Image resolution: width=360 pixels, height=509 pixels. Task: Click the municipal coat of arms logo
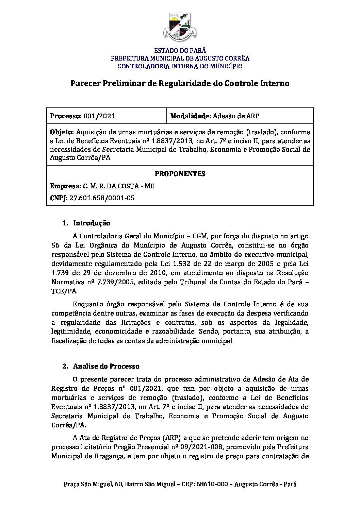click(180, 27)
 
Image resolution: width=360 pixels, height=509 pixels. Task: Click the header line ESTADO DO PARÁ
click(180, 51)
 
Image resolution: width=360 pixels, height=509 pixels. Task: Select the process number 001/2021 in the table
click(99, 116)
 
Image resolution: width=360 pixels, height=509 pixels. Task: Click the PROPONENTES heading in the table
click(180, 174)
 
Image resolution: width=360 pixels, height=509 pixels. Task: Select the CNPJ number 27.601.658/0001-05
click(102, 198)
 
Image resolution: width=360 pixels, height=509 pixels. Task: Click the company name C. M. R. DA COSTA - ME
click(118, 186)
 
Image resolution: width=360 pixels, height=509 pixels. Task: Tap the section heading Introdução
click(92, 223)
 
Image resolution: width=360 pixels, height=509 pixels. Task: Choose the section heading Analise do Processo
click(106, 366)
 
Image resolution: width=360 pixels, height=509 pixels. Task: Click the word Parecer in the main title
click(84, 83)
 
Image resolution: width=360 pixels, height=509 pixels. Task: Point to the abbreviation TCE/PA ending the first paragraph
click(64, 291)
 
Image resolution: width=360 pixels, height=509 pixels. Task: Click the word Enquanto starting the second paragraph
click(88, 304)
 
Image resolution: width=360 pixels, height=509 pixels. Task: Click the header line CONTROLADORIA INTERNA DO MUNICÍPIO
click(180, 66)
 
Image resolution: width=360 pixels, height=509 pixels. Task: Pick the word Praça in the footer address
click(71, 484)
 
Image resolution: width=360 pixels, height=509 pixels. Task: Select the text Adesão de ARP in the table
click(236, 116)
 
